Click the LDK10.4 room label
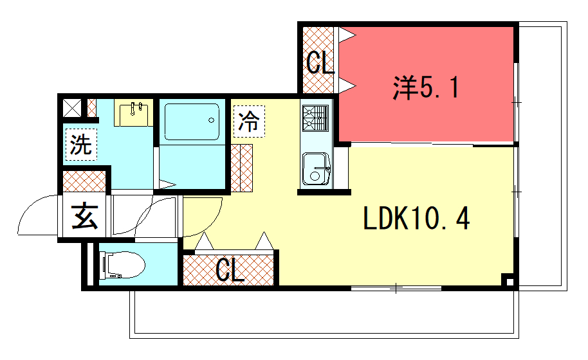(416, 219)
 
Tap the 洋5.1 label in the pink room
(426, 87)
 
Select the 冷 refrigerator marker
(249, 122)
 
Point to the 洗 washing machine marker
(81, 145)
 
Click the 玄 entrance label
(85, 216)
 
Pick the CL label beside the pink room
(320, 62)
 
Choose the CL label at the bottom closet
(230, 270)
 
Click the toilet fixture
(122, 265)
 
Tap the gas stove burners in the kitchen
(315, 118)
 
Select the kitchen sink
(316, 169)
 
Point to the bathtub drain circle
(211, 120)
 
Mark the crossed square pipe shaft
(71, 108)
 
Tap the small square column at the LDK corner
(509, 280)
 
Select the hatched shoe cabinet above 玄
(84, 181)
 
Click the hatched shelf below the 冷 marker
(241, 168)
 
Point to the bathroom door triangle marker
(167, 184)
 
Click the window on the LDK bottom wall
(396, 288)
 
